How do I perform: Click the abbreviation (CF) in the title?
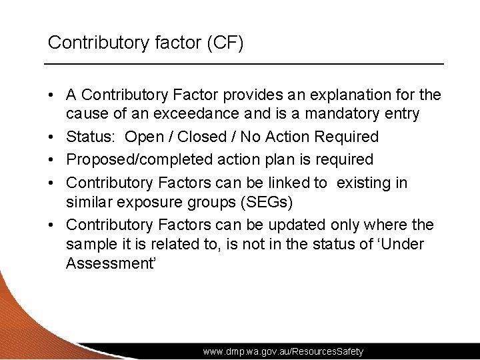coord(225,43)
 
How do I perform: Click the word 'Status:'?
coord(91,137)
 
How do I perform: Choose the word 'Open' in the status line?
coord(144,137)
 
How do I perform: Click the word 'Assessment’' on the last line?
coord(111,263)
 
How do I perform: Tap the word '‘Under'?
coord(401,244)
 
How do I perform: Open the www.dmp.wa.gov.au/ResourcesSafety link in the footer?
coord(283,351)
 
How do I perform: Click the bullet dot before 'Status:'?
coord(51,137)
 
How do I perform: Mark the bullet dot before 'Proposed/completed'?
coord(51,160)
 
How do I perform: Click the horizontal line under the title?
coord(244,63)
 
